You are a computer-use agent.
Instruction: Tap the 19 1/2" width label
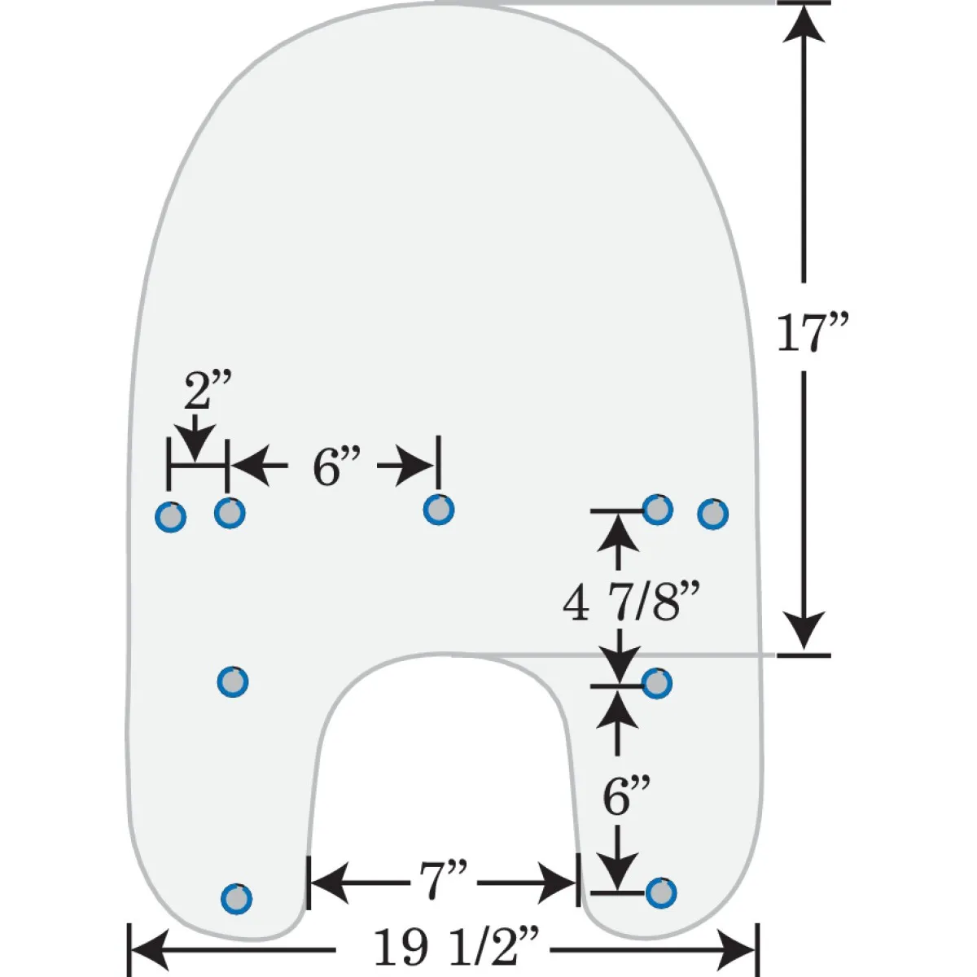click(456, 946)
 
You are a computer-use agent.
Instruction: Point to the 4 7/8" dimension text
click(632, 602)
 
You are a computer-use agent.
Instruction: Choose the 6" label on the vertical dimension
click(626, 796)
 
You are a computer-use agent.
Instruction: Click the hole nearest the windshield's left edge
click(170, 517)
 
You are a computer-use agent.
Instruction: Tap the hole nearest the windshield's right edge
click(713, 514)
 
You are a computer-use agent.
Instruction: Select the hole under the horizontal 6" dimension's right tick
click(439, 510)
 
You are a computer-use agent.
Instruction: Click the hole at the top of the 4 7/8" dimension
click(658, 509)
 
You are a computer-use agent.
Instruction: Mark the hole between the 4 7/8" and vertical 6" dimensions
click(657, 683)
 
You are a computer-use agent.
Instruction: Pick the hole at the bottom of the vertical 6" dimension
click(660, 892)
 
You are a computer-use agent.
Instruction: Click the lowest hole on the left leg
click(236, 899)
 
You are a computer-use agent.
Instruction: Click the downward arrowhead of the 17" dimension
click(804, 631)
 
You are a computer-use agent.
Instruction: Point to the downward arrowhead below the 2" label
click(196, 445)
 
